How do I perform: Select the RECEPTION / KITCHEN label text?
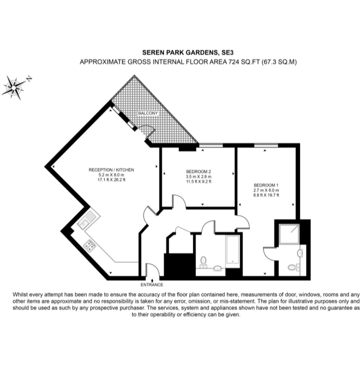pos(111,170)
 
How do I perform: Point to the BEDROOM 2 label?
pos(198,173)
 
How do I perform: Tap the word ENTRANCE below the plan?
pos(151,285)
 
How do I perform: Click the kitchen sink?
pos(86,222)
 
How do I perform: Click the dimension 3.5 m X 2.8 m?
pos(198,177)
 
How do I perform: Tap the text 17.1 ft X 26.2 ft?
pos(111,180)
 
